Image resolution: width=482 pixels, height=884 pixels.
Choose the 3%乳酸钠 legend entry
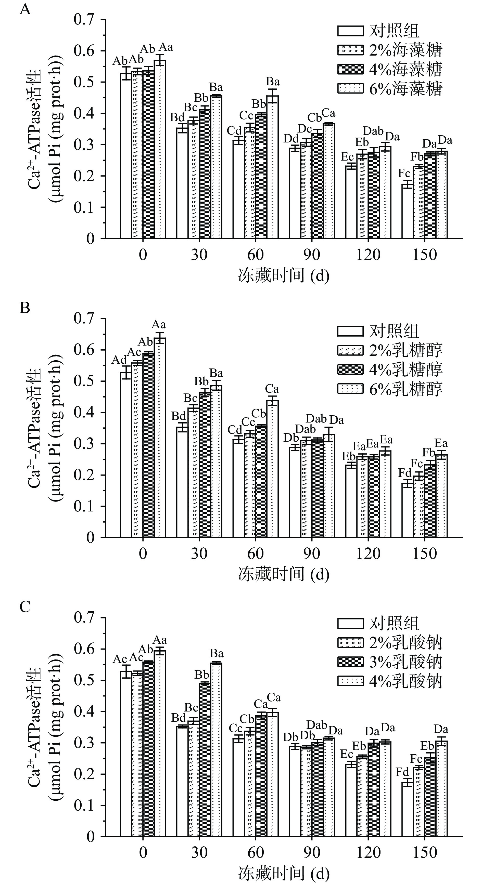click(x=390, y=662)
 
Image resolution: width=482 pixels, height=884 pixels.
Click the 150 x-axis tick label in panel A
click(x=424, y=255)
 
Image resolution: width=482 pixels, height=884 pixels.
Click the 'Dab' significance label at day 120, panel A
click(x=373, y=131)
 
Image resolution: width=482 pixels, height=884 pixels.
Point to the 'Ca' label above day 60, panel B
click(x=272, y=389)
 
